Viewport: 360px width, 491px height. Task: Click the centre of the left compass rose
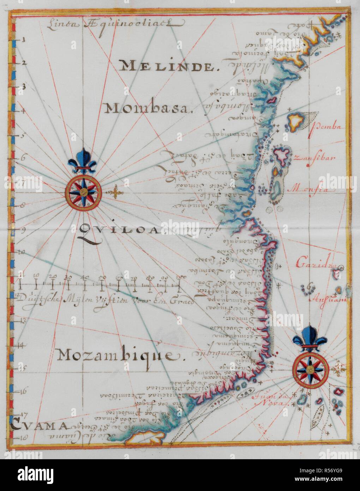click(83, 192)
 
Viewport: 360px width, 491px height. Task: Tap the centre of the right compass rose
click(311, 369)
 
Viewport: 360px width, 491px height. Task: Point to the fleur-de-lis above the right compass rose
click(311, 338)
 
